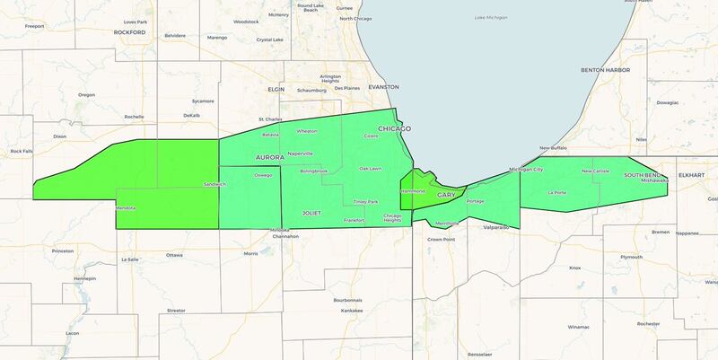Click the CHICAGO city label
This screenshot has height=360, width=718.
pos(394,129)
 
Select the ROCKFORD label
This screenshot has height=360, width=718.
pos(129,32)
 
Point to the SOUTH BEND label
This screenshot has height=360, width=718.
pos(643,174)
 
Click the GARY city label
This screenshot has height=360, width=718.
pos(446,195)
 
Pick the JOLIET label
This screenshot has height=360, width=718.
pos(311,214)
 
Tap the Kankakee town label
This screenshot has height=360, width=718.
pos(332,311)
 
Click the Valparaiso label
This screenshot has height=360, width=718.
pos(496,228)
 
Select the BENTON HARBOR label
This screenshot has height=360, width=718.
pos(601,69)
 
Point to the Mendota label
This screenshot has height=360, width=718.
pos(126,208)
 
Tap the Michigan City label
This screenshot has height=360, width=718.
pos(526,169)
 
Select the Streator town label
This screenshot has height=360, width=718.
pos(176,311)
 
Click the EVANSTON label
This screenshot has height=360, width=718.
pos(381,87)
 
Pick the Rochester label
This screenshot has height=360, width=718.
pos(648,323)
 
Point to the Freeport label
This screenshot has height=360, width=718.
pos(35,26)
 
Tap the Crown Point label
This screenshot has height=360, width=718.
pos(441,240)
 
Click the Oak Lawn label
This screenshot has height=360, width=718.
pos(371,169)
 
